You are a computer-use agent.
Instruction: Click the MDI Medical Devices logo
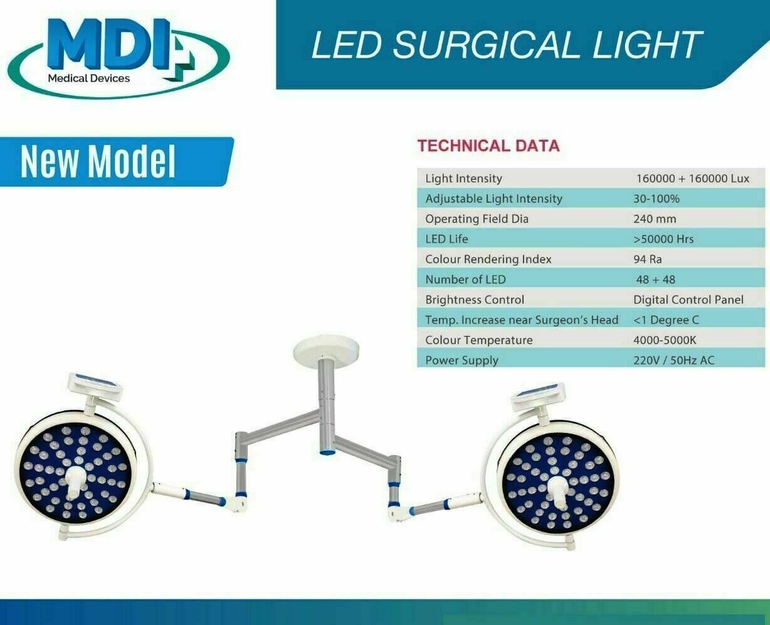[119, 58]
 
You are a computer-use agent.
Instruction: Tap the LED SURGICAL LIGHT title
[506, 45]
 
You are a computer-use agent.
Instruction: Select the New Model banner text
[98, 161]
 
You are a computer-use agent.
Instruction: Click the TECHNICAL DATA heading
[488, 146]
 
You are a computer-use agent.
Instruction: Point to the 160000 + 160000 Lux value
[693, 179]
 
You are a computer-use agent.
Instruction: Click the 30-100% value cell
[656, 199]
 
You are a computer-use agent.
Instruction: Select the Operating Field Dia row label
[477, 219]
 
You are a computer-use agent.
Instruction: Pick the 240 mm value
[655, 219]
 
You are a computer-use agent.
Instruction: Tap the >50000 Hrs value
[663, 239]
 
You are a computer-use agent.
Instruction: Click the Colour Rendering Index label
[488, 260]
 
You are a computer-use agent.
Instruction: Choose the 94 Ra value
[648, 260]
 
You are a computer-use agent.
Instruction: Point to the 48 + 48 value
[655, 280]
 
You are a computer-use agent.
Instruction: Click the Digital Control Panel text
[688, 300]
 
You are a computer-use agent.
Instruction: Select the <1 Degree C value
[666, 320]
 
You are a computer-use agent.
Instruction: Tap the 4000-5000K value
[665, 340]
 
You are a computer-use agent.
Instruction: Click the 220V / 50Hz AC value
[674, 360]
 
